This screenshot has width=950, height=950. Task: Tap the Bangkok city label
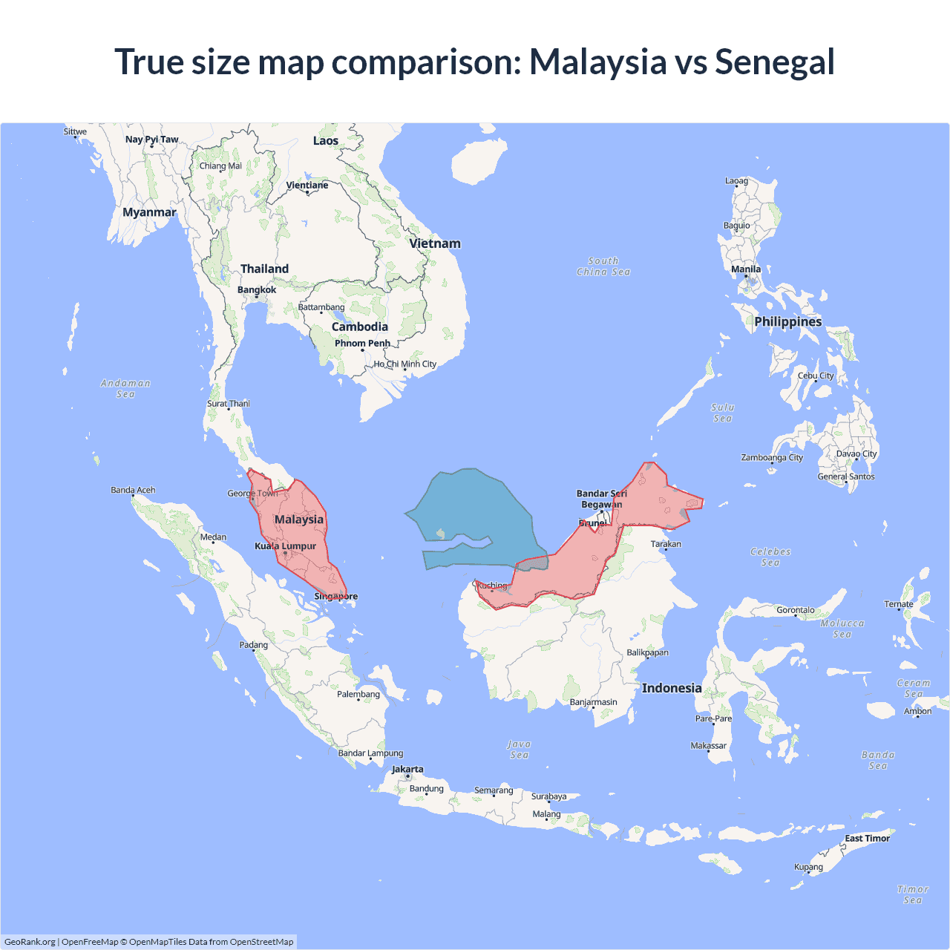(257, 290)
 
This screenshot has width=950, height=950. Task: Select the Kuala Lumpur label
(286, 546)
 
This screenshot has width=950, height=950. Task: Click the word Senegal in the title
(774, 62)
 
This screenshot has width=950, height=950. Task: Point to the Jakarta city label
(407, 770)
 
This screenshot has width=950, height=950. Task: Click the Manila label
(746, 269)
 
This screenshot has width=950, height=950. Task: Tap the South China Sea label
(603, 266)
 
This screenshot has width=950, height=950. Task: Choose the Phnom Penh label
(362, 344)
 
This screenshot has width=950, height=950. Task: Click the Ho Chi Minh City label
(405, 364)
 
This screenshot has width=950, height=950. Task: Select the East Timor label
(867, 839)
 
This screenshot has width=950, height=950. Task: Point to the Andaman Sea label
(125, 389)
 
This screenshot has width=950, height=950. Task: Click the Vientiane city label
(307, 186)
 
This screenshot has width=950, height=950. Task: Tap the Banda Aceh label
(133, 491)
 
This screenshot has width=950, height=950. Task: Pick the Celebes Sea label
(770, 557)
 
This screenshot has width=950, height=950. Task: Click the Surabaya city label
(549, 797)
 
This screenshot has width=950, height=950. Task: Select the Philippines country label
(788, 321)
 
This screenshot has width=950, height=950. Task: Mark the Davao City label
(856, 454)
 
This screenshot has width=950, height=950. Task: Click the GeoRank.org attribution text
(30, 942)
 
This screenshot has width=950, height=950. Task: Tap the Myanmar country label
(149, 212)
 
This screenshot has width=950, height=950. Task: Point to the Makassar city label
(709, 746)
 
